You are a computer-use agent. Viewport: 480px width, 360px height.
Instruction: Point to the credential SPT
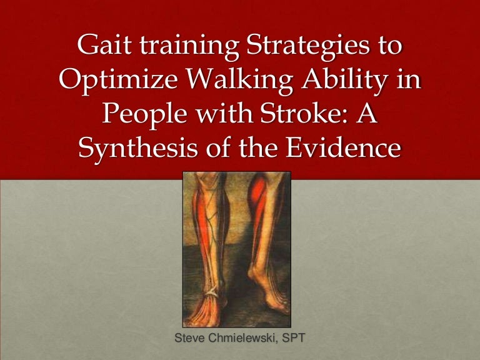[295, 340]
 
